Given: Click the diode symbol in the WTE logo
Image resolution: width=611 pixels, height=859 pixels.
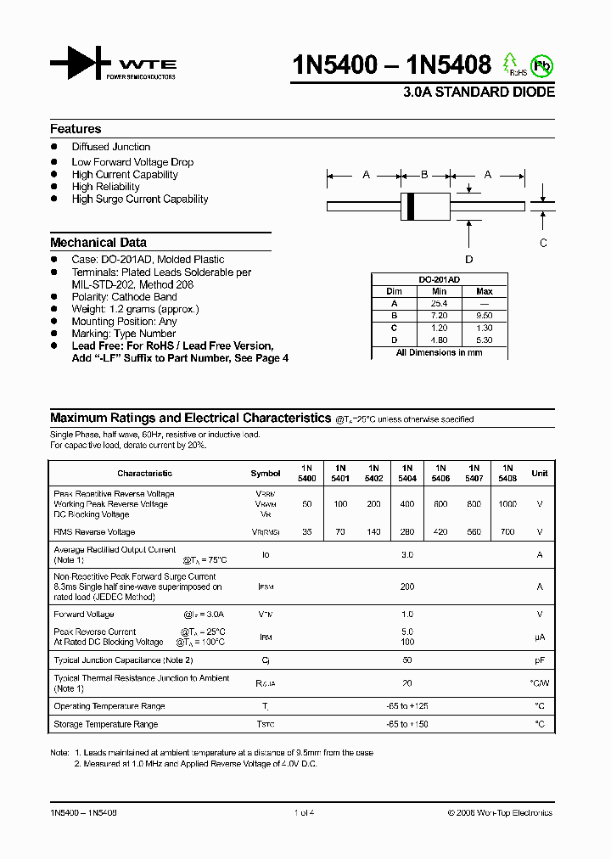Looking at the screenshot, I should pos(81,63).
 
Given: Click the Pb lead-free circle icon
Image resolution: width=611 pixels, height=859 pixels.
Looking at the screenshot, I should pos(540,65).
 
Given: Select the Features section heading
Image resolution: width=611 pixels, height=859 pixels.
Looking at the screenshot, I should pos(76,129).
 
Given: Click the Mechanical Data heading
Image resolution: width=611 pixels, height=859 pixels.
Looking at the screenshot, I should pos(98,242).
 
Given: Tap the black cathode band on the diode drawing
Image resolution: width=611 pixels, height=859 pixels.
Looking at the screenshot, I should pos(412,205).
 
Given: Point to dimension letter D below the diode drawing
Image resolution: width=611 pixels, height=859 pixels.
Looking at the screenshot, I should pos(468,260).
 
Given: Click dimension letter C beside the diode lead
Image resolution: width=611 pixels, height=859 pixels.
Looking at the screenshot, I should pos(544,243).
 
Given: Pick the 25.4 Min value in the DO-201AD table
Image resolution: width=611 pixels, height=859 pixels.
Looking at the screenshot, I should pos(439,303).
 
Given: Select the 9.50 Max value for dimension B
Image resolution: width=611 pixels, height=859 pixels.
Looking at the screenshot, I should pos(485,315).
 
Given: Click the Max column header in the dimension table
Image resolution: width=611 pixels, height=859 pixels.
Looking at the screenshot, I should pos(485,291).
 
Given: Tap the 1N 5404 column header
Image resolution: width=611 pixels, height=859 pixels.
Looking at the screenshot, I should pos(407,473).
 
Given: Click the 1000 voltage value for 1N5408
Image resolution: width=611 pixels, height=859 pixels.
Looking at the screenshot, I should pos(507,504).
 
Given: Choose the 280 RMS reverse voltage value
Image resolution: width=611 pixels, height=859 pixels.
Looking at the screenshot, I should pos(407,532).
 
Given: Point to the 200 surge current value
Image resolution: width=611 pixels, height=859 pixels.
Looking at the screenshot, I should pos(407,587).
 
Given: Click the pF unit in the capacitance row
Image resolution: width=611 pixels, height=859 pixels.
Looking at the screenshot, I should pos(539,660).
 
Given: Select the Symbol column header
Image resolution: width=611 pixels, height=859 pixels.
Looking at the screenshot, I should pos(266,474).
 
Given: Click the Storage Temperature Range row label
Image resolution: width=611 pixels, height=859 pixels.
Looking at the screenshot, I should pos(106,724).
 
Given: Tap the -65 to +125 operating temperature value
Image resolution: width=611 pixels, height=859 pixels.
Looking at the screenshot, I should pos(407,706).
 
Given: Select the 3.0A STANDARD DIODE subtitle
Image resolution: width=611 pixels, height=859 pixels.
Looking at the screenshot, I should pos(479,93).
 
